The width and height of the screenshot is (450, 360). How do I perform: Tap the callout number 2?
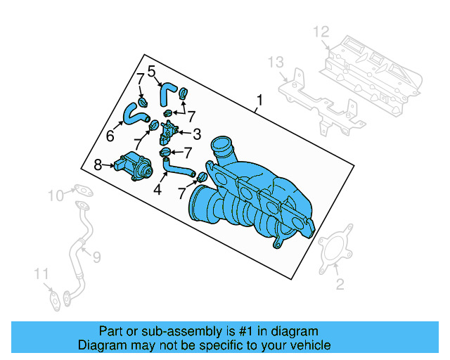pos(340,284)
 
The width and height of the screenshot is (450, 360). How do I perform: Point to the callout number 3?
pos(197,133)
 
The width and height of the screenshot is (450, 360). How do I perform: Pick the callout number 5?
pos(151,70)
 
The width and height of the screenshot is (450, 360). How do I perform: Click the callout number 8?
pos(98,165)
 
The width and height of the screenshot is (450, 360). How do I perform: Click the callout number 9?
pos(96,257)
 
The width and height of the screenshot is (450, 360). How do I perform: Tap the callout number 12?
pos(321,32)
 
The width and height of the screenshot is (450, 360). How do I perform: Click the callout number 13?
pos(275,63)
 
